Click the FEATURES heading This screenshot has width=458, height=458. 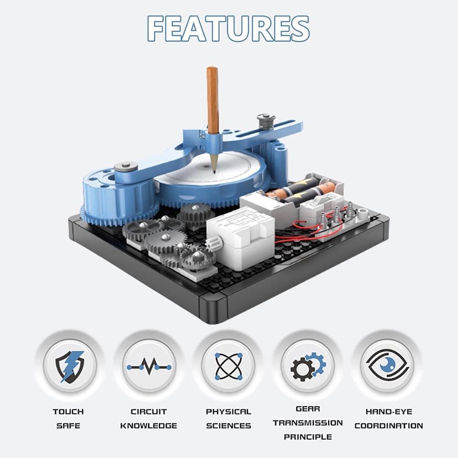(229, 28)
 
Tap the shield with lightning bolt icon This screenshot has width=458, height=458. (70, 366)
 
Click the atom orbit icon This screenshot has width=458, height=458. (229, 366)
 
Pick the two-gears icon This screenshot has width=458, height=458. (308, 366)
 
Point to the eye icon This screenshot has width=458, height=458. (388, 365)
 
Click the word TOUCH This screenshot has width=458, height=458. (68, 412)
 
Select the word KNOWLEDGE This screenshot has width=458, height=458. (149, 425)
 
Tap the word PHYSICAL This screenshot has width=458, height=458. (229, 412)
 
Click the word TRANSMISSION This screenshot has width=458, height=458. (308, 423)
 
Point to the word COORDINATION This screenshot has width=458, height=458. (388, 425)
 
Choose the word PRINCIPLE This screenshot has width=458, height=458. (308, 437)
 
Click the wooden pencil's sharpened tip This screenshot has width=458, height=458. (214, 172)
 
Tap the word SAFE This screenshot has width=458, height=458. (68, 425)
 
